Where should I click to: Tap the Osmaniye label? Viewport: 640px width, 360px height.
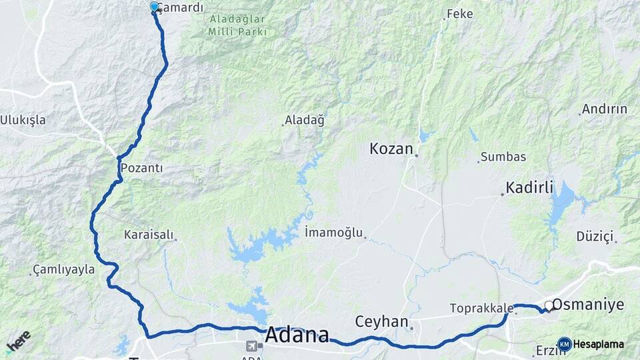[x=589, y=305]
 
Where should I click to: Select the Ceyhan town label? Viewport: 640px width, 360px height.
[x=381, y=321]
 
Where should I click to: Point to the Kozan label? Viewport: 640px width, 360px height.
[x=392, y=149]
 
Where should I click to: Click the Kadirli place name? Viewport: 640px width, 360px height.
[x=530, y=188]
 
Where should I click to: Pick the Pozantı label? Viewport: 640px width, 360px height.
[x=142, y=168]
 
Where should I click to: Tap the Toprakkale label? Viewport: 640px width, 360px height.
[x=481, y=308]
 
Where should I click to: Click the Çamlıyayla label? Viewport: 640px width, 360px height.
[x=64, y=270]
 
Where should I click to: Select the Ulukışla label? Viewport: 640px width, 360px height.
[x=23, y=120]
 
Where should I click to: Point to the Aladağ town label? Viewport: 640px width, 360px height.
[x=304, y=121]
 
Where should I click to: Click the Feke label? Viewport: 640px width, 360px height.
[x=459, y=13]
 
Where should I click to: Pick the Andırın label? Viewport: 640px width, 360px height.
[x=604, y=109]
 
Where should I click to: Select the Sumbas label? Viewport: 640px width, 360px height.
[x=504, y=157]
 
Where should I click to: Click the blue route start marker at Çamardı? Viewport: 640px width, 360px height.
[x=155, y=7]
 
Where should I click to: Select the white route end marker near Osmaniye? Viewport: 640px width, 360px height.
[x=549, y=305]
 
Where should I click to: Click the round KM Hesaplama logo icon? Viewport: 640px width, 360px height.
[x=564, y=344]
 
